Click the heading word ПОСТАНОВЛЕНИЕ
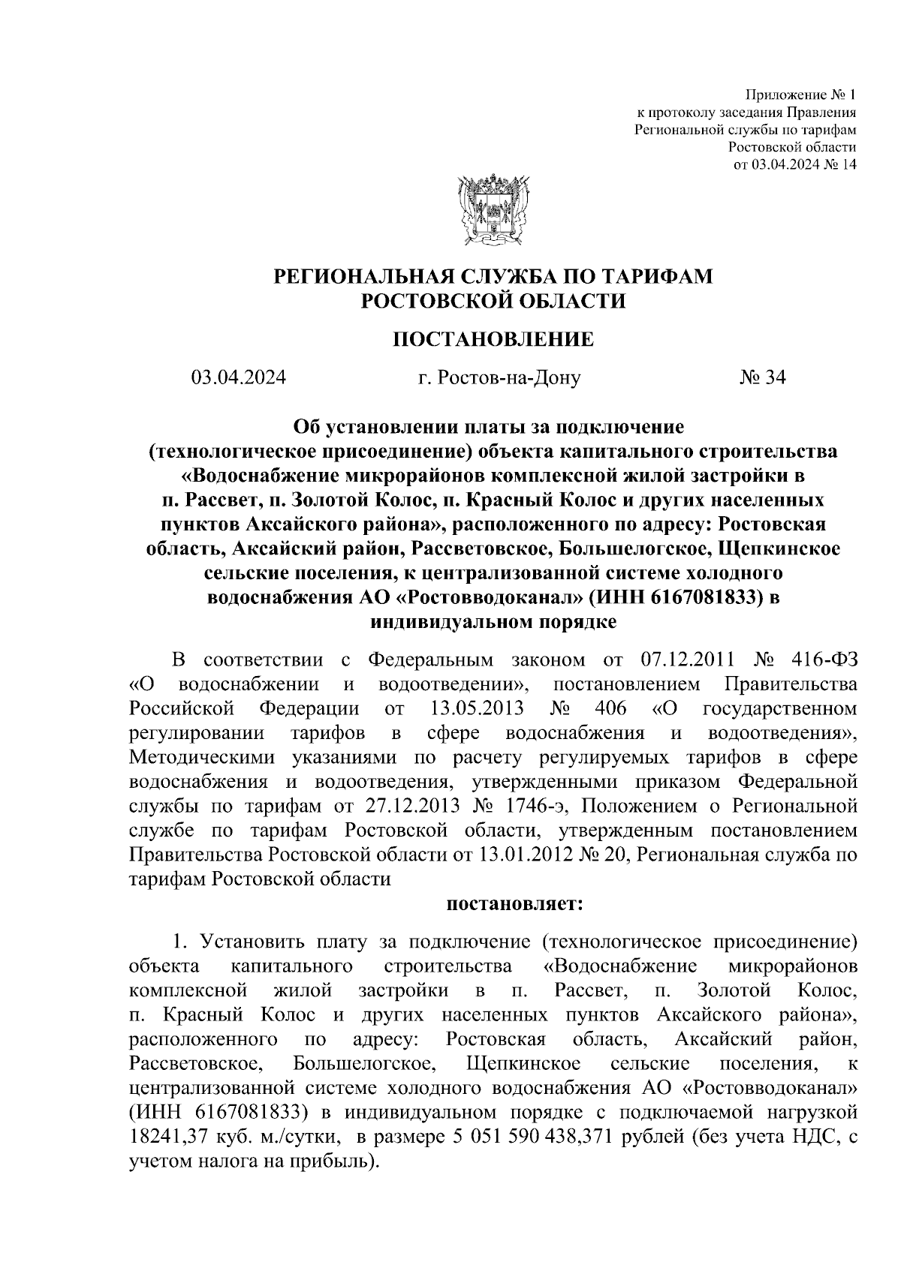tap(493, 340)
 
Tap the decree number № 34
tap(762, 378)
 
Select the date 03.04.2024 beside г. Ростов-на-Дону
tap(238, 378)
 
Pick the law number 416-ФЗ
tap(824, 660)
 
